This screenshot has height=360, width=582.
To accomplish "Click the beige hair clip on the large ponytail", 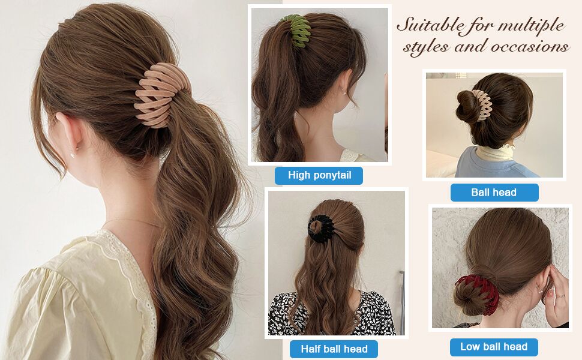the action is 161,95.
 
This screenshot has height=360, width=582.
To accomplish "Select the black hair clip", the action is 322,229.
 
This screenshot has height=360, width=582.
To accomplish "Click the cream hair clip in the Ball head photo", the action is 481,105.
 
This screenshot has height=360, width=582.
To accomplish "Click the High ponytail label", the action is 319,176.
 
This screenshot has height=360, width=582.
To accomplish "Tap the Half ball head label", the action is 334,349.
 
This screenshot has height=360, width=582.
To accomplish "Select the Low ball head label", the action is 494,347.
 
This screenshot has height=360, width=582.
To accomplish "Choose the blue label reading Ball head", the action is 494,193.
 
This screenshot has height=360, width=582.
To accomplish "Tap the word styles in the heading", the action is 426,47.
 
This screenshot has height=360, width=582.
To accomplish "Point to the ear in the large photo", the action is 69,134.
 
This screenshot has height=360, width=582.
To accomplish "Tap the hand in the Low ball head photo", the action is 556,293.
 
